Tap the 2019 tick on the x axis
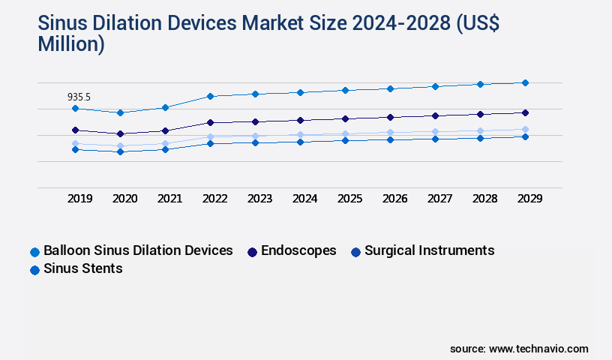(80, 199)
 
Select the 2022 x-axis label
(215, 199)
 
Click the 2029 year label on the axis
(529, 199)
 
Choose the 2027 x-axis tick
(440, 199)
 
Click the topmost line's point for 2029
(525, 82)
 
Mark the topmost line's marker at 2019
(75, 109)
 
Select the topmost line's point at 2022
(210, 96)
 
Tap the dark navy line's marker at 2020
(120, 133)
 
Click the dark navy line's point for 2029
(525, 112)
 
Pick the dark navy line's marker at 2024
(300, 120)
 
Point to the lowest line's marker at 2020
(120, 151)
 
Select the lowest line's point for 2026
(390, 139)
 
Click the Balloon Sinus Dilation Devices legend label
(138, 250)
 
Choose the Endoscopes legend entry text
(298, 250)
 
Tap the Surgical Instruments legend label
(429, 250)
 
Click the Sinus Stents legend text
(82, 268)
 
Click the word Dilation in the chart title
(135, 24)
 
